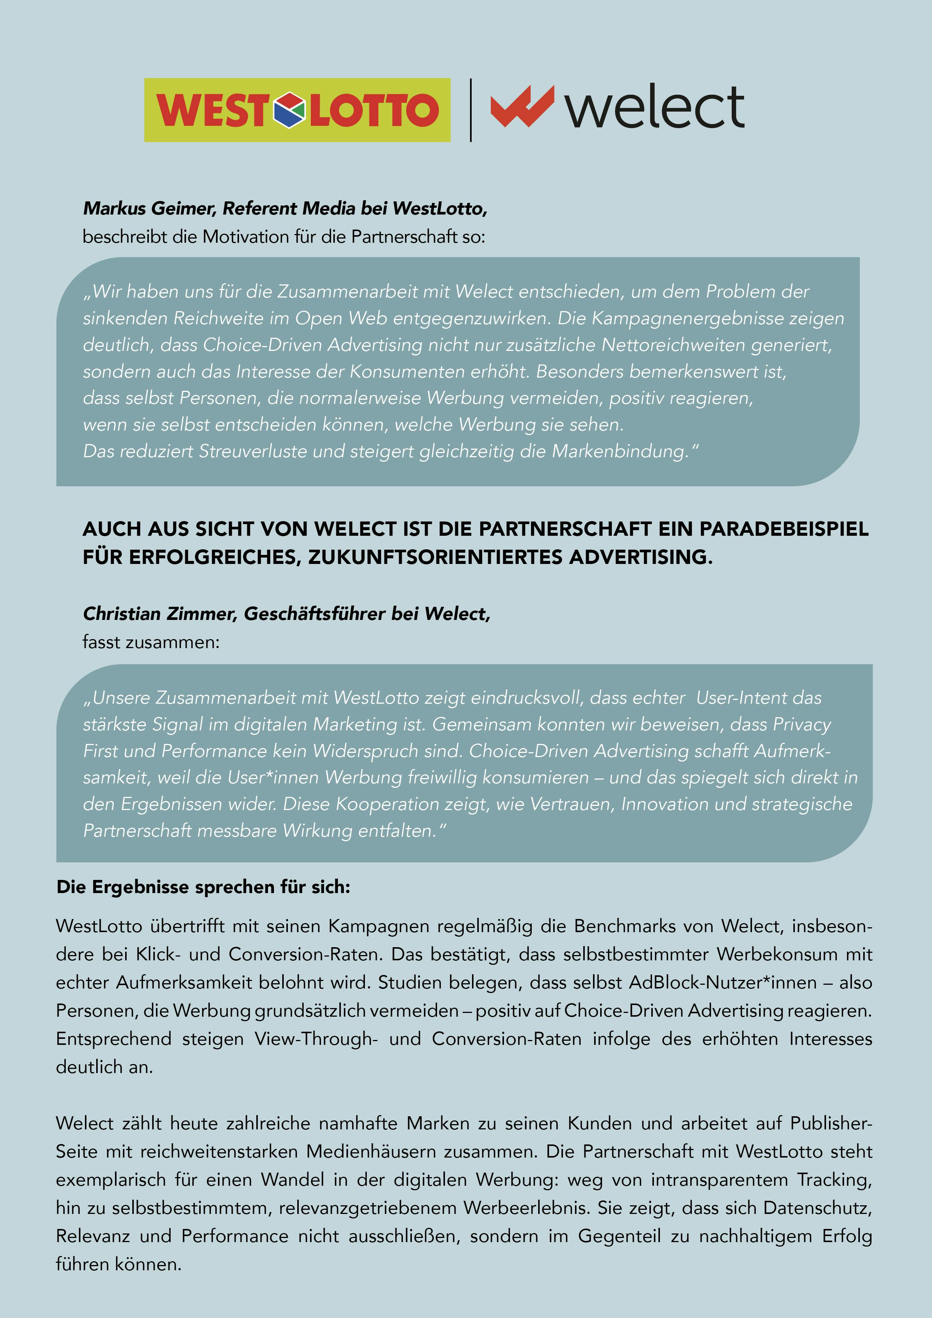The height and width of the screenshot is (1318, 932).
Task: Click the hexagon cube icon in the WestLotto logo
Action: click(x=289, y=110)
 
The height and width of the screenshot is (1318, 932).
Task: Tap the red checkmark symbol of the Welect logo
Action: click(x=521, y=106)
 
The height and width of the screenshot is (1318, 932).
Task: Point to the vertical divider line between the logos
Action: click(x=471, y=110)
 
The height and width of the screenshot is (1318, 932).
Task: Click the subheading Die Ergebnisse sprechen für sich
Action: click(x=203, y=887)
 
